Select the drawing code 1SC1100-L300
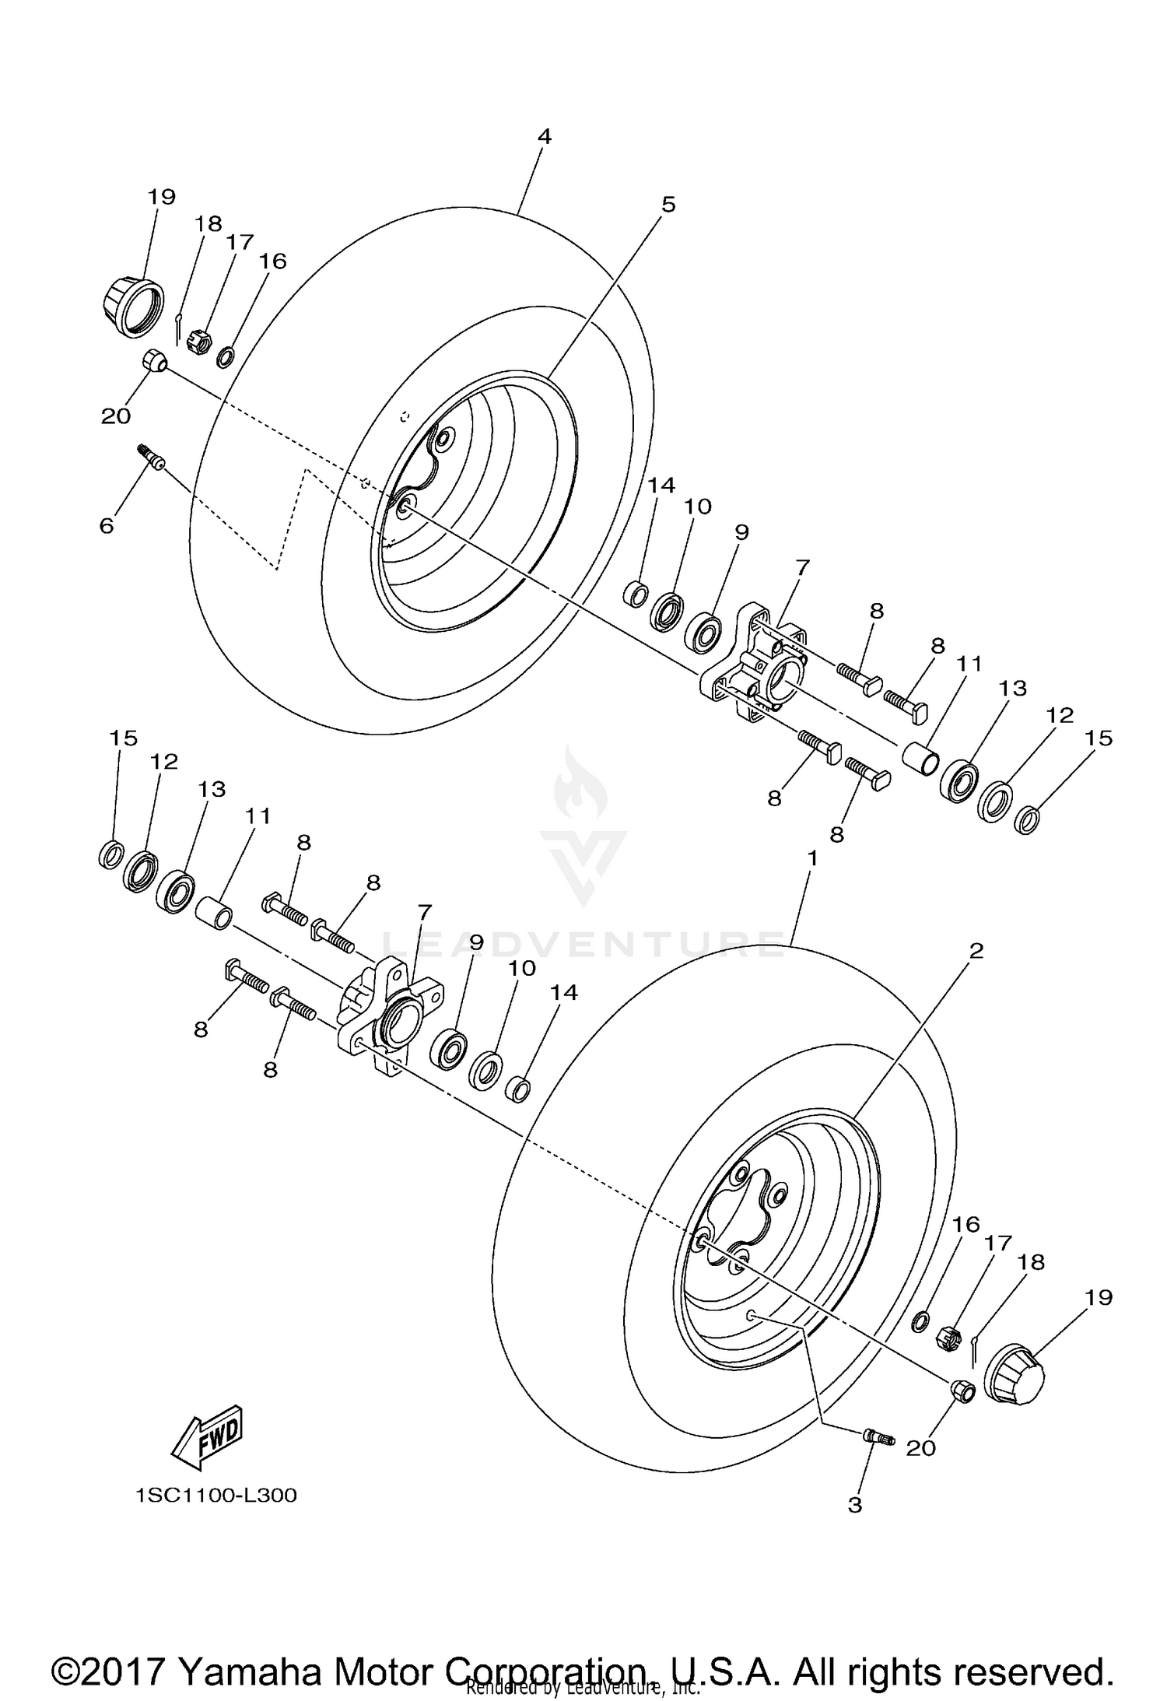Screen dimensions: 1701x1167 tap(216, 1496)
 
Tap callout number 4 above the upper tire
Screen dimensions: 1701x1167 tap(544, 137)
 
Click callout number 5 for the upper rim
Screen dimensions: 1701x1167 tap(668, 205)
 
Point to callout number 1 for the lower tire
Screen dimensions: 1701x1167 tap(811, 858)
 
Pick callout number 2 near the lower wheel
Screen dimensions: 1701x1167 tap(976, 950)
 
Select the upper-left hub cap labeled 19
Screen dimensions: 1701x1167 tap(133, 306)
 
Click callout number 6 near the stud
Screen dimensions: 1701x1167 tap(107, 526)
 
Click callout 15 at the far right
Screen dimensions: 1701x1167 tap(1099, 738)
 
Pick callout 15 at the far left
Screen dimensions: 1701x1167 tap(123, 738)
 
